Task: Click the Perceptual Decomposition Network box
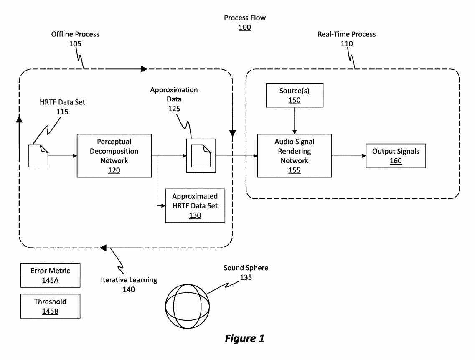114,155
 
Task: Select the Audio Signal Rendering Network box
294,155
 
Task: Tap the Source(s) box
295,95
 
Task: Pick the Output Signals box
396,156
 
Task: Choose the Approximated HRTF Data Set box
195,205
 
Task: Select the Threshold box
50,306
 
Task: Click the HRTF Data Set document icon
38,156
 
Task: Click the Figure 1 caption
244,338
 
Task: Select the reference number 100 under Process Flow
245,28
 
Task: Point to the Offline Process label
75,34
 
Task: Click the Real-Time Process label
347,34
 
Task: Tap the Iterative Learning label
129,280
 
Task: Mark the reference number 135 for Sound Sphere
246,277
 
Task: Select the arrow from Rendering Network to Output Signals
349,156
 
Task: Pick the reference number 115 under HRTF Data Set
62,112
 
